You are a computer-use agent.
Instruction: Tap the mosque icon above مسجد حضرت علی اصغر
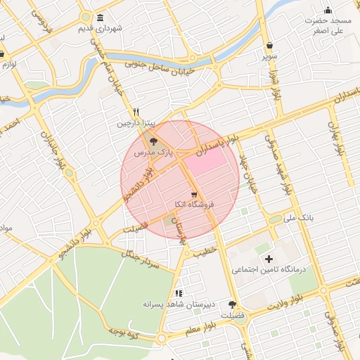(328, 10)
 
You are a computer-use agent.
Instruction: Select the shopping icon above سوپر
(270, 46)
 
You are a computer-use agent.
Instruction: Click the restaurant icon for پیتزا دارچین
(136, 112)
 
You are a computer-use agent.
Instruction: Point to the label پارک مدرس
(153, 151)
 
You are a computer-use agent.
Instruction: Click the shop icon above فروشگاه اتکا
(193, 194)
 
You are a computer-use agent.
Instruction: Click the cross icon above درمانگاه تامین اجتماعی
(269, 259)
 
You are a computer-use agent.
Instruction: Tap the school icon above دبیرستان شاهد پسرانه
(178, 292)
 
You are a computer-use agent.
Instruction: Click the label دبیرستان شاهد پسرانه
(178, 304)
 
